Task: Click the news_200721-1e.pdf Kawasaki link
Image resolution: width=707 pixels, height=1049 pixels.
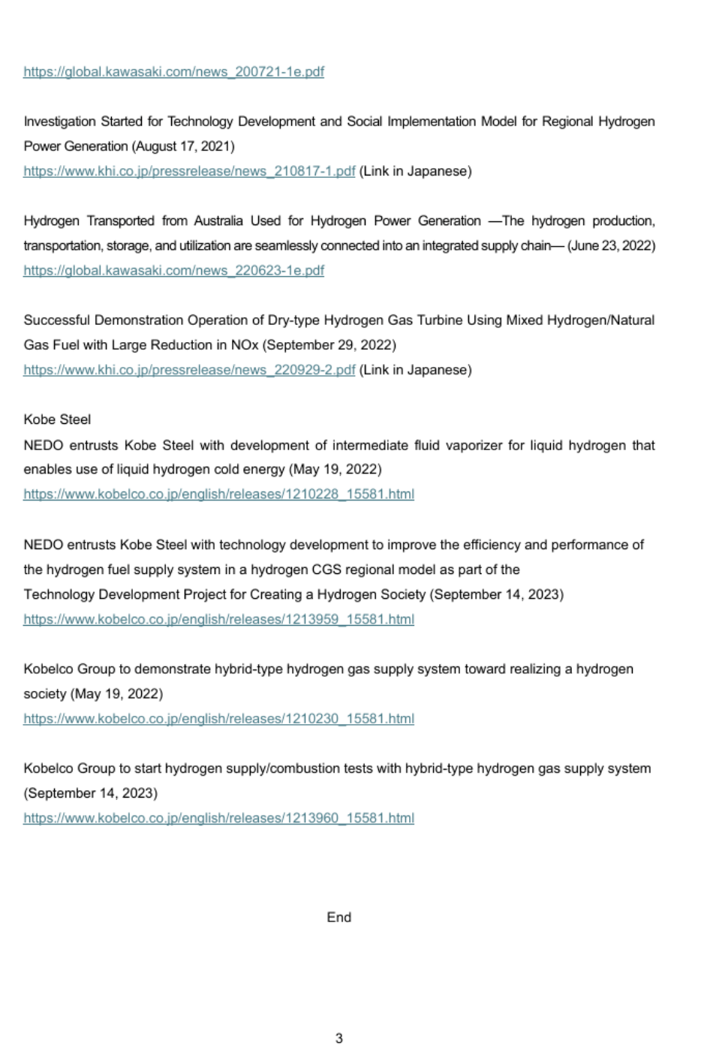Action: coord(173,72)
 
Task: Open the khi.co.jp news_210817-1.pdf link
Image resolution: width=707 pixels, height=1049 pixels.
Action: coord(189,171)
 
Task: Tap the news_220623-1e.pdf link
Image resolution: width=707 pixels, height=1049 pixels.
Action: coord(173,270)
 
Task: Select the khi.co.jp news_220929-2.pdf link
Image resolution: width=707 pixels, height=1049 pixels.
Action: coord(189,370)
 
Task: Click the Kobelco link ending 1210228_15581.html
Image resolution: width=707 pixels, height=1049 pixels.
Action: coord(218,494)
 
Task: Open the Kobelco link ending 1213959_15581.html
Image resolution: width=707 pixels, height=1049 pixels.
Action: coord(218,619)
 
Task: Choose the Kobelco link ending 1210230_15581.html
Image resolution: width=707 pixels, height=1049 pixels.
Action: coord(218,719)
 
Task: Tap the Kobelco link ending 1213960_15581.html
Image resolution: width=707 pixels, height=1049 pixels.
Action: coord(218,818)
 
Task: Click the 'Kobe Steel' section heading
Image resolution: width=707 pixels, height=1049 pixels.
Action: coord(57,419)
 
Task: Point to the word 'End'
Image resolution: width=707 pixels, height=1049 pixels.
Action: coord(338,917)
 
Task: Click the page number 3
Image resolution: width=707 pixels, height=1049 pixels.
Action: coord(338,1038)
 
